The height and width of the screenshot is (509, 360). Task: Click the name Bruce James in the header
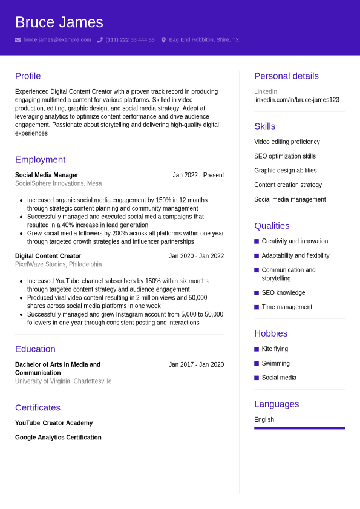(x=59, y=22)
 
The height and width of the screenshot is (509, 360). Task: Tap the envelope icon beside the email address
(x=18, y=40)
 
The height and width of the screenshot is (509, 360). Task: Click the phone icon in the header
(x=100, y=40)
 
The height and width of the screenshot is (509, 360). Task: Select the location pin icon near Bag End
(x=163, y=40)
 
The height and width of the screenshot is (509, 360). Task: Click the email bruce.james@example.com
(x=57, y=40)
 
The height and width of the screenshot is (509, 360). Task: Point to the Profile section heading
(x=28, y=76)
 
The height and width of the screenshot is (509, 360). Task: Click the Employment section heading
(x=40, y=160)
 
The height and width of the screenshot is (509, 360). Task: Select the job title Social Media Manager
(x=47, y=176)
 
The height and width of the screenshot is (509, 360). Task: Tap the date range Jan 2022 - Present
(x=198, y=176)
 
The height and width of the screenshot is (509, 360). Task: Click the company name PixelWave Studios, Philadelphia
(x=58, y=264)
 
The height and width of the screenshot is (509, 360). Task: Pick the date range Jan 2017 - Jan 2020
(x=196, y=365)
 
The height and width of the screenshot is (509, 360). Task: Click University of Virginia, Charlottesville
(x=63, y=381)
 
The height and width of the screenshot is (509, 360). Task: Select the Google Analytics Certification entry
(x=58, y=438)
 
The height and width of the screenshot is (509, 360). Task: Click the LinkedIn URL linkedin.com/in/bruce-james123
(x=296, y=100)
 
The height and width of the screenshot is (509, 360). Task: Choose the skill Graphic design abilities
(x=285, y=171)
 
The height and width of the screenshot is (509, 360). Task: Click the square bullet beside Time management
(x=257, y=307)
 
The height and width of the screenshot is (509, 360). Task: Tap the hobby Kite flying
(x=275, y=349)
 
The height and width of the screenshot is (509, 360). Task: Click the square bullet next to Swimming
(x=257, y=364)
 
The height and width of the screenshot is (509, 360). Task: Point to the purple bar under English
(x=299, y=428)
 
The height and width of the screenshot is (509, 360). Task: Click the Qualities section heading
(x=272, y=226)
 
